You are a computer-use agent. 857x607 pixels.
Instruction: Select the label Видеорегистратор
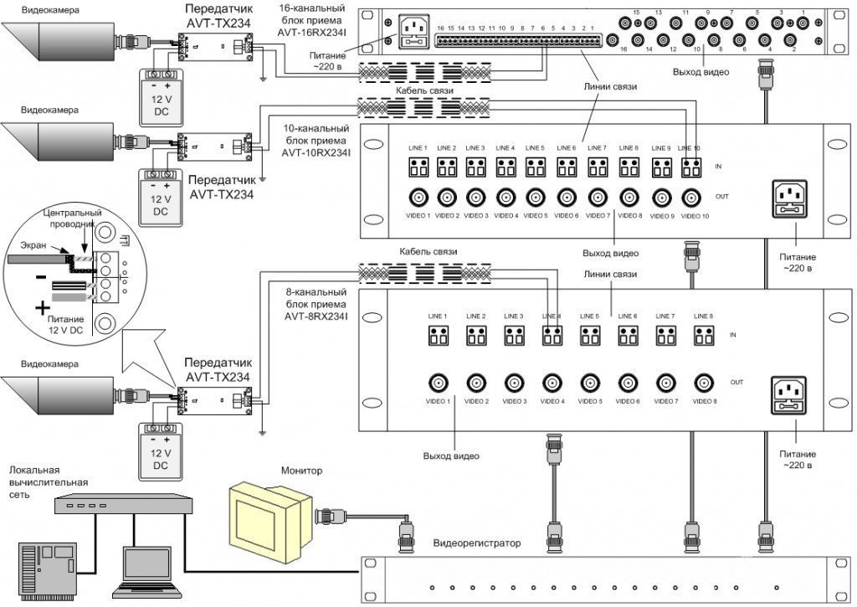pyautogui.click(x=477, y=543)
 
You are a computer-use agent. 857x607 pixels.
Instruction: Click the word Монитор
pyautogui.click(x=303, y=471)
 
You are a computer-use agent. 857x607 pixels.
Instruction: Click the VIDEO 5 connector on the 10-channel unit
pyautogui.click(x=536, y=198)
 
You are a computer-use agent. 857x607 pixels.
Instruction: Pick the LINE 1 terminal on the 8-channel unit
pyautogui.click(x=439, y=335)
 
